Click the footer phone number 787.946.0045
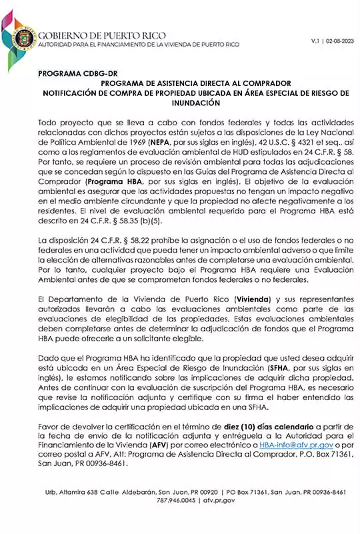coord(175,499)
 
